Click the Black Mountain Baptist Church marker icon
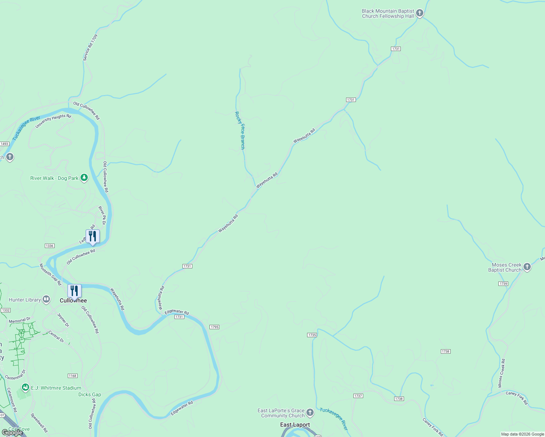point(420,13)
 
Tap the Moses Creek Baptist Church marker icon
point(527,267)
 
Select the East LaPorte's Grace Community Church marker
point(310,413)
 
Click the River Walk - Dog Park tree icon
point(84,178)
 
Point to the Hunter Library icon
point(46,299)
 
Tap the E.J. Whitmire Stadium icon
point(26,387)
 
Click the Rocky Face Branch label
point(240,130)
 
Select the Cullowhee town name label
point(73,300)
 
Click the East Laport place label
point(295,425)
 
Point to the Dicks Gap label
point(90,394)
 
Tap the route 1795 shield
point(215,327)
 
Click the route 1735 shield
point(312,335)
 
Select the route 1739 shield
point(503,284)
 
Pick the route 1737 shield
point(358,396)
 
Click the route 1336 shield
point(50,246)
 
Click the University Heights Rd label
point(53,121)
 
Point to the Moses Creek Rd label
point(502,373)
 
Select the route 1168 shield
point(72,376)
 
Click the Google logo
point(12,433)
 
